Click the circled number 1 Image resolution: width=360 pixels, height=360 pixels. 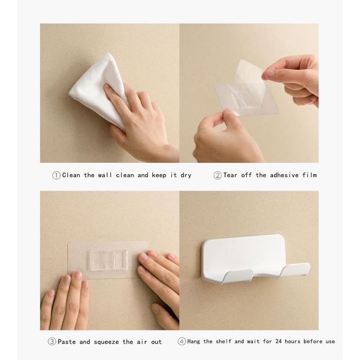[56, 175]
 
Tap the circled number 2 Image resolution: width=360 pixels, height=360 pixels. [217, 175]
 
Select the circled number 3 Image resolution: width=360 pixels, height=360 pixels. [52, 341]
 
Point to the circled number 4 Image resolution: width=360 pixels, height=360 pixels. [182, 341]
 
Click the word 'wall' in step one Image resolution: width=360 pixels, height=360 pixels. [105, 175]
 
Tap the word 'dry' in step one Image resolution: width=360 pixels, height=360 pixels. [186, 175]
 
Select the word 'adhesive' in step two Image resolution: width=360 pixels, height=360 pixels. [284, 175]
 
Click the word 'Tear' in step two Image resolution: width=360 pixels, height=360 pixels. [230, 175]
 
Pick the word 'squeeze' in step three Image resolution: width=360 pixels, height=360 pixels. [106, 342]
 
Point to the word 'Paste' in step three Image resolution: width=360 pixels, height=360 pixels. [67, 342]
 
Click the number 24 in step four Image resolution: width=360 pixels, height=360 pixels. [278, 341]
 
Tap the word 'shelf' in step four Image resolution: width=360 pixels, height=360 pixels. [223, 341]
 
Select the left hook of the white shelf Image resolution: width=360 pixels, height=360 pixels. [238, 276]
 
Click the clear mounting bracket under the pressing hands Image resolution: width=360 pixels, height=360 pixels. [108, 260]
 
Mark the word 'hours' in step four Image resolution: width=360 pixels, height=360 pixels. [292, 341]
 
